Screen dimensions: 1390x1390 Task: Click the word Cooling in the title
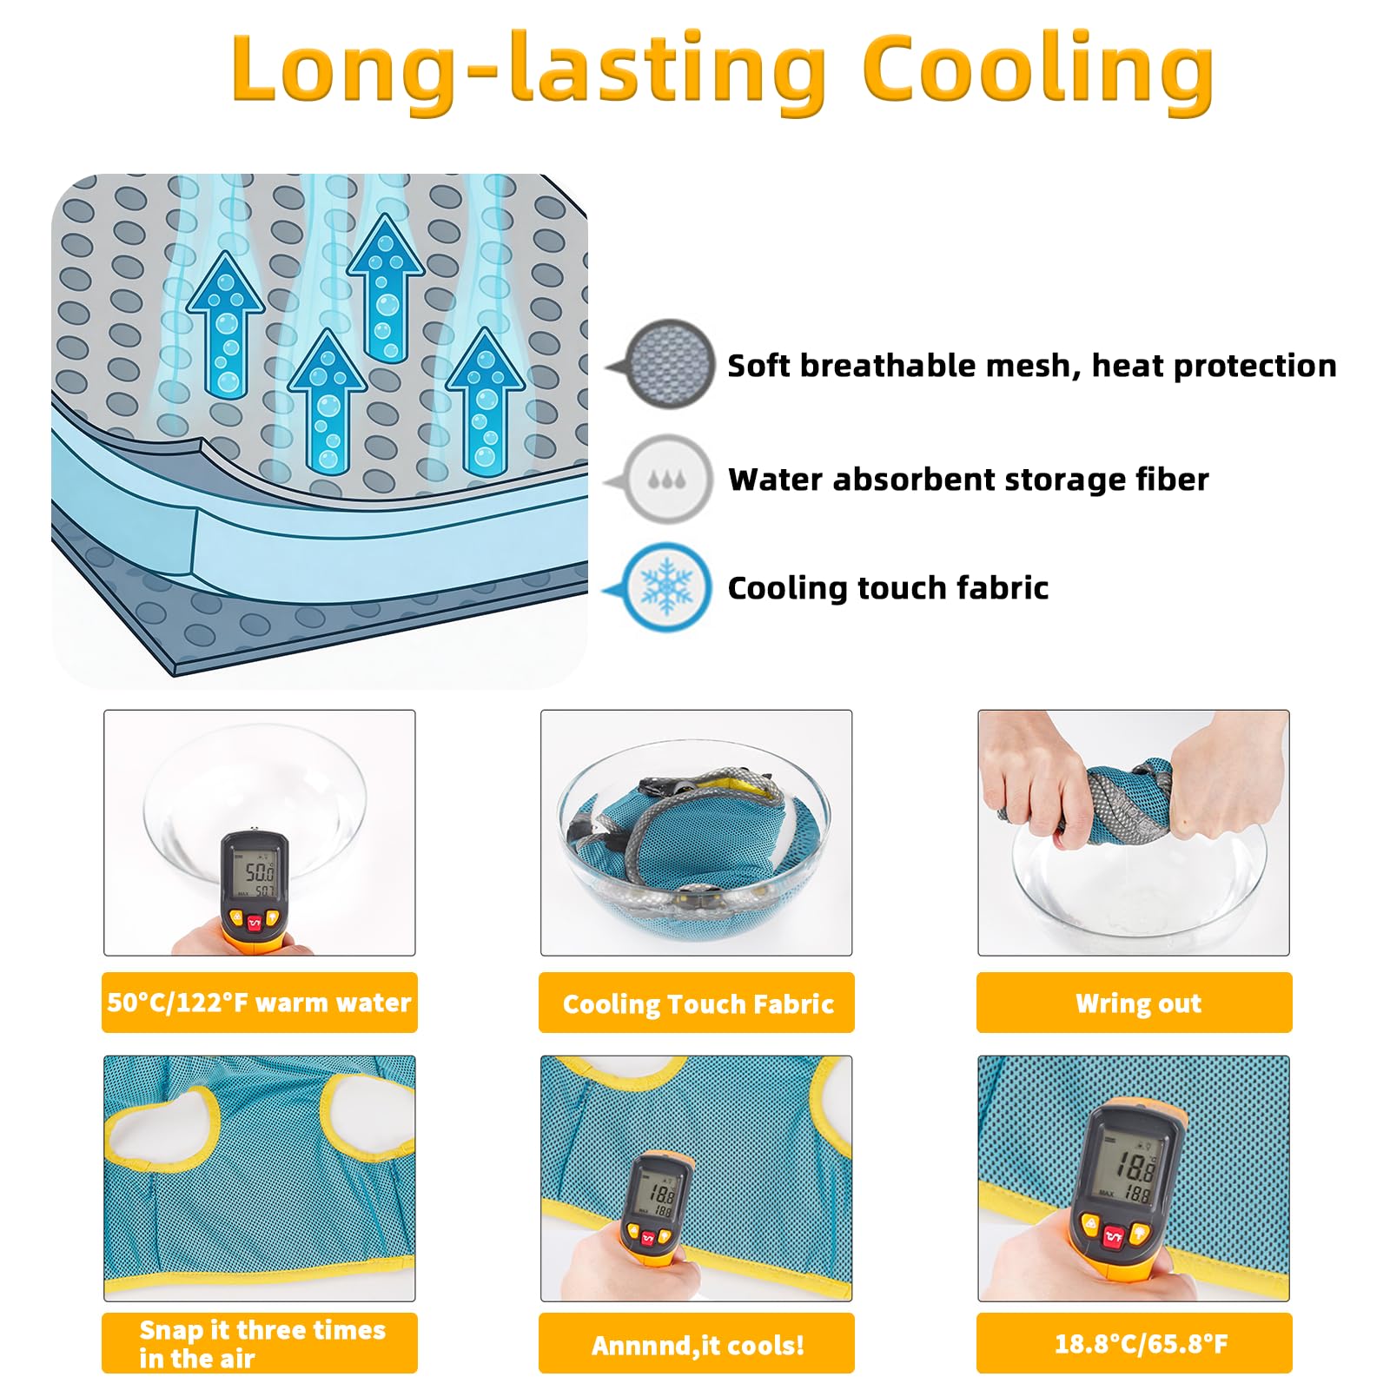point(1038,71)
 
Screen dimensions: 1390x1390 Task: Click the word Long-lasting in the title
point(529,71)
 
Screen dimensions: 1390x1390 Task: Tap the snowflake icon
point(666,587)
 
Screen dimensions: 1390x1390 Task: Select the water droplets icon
point(666,479)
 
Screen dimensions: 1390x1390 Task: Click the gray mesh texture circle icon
point(668,363)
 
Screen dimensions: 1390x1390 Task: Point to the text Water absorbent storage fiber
point(968,480)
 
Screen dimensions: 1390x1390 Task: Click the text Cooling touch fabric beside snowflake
point(888,588)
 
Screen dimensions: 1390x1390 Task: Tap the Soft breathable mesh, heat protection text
point(1032,366)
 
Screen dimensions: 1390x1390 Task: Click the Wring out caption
point(1138,1003)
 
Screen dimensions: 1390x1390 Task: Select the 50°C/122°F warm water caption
point(259,1003)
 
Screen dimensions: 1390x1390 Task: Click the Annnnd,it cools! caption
point(698,1345)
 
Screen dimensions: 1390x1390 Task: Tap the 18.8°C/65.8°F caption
point(1141,1344)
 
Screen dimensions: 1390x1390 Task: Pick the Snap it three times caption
point(262,1329)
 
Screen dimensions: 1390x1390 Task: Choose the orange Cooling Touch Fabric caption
point(698,1004)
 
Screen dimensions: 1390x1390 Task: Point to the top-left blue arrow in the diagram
point(226,325)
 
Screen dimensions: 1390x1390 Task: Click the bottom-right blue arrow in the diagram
point(485,401)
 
